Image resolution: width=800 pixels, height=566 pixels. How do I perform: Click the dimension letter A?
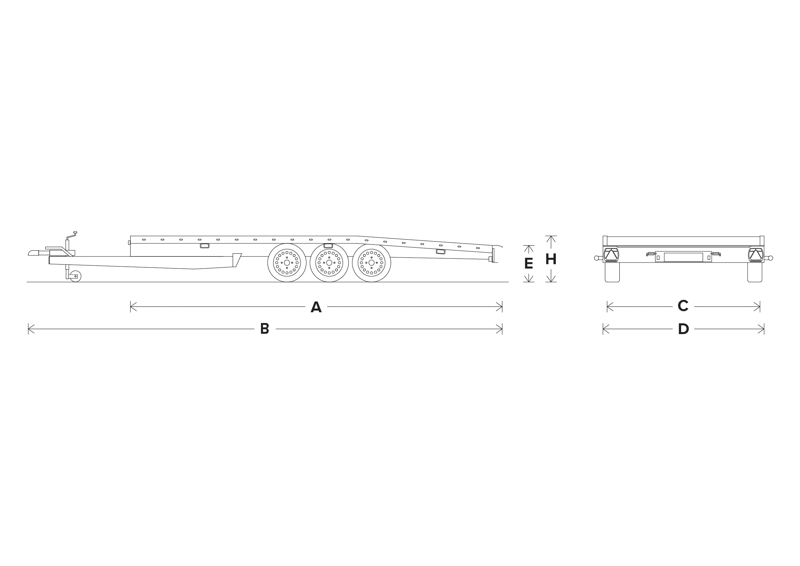[x=316, y=307]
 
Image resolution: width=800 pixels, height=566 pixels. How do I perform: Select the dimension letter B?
[x=264, y=329]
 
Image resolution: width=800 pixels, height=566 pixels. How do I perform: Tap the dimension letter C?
[x=683, y=306]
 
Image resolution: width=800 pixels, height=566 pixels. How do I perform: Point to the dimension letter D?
[x=683, y=329]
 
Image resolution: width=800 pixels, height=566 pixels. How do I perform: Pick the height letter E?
[x=529, y=263]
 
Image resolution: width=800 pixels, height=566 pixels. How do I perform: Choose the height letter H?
[x=551, y=259]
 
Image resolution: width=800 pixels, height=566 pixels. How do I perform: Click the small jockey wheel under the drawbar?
[x=76, y=276]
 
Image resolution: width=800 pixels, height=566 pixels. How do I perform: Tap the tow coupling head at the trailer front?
[x=34, y=253]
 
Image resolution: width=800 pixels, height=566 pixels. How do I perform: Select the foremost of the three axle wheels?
[x=287, y=262]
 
